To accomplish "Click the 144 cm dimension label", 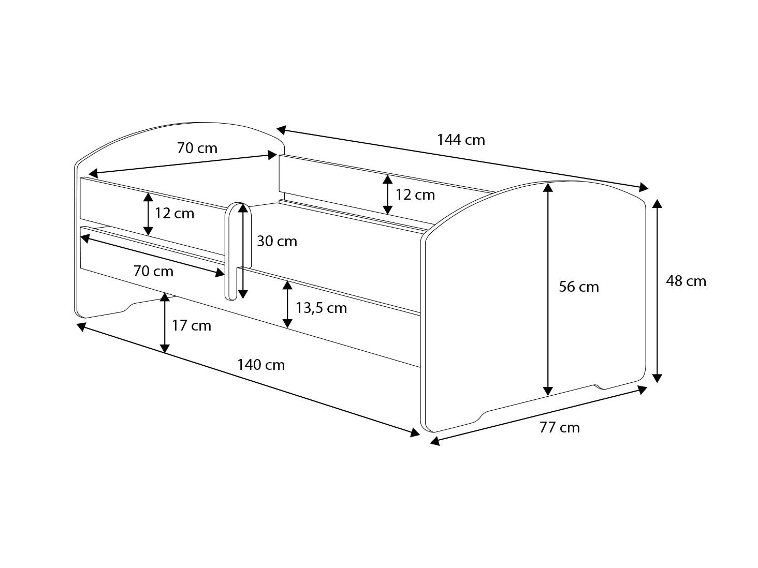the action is [461, 140].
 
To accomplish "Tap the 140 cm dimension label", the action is [261, 365].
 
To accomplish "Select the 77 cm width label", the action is [559, 427].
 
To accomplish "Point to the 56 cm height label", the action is [578, 287].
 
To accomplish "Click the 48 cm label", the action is [686, 281].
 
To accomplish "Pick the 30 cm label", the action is [277, 241].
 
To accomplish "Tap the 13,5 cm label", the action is [321, 308].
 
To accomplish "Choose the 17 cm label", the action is [192, 325].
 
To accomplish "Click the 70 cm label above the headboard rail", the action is [197, 148].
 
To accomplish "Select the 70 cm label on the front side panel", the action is [153, 271].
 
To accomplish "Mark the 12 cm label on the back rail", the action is [415, 195].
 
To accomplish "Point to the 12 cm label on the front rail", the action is [174, 213].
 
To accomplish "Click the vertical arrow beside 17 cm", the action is [165, 323].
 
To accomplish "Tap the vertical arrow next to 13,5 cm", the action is [287, 305].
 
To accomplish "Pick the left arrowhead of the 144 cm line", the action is [281, 129].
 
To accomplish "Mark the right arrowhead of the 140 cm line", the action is [415, 432].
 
